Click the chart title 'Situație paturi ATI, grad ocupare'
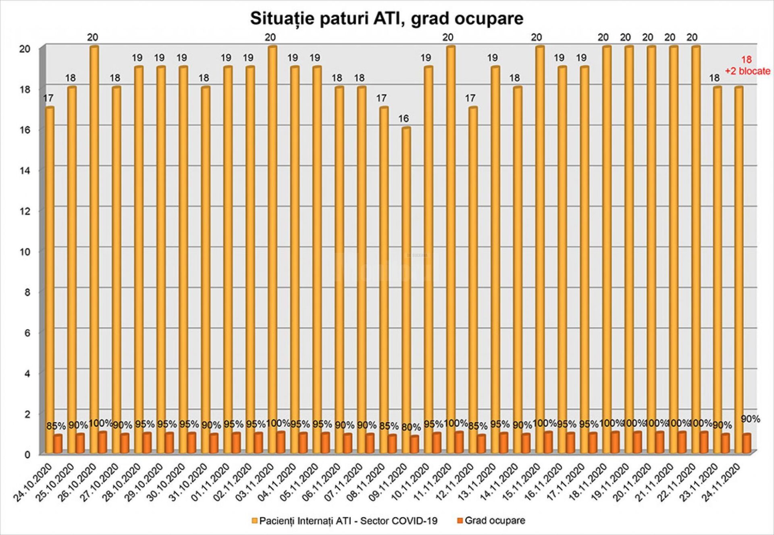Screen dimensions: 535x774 (x=387, y=19)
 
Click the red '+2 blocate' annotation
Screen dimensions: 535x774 (x=747, y=71)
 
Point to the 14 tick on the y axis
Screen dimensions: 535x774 (x=25, y=170)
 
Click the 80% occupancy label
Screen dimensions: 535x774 (x=411, y=427)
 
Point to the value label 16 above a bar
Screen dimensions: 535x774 (x=404, y=118)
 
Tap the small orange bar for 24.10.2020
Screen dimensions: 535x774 (x=58, y=444)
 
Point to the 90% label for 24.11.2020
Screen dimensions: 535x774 (x=750, y=419)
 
